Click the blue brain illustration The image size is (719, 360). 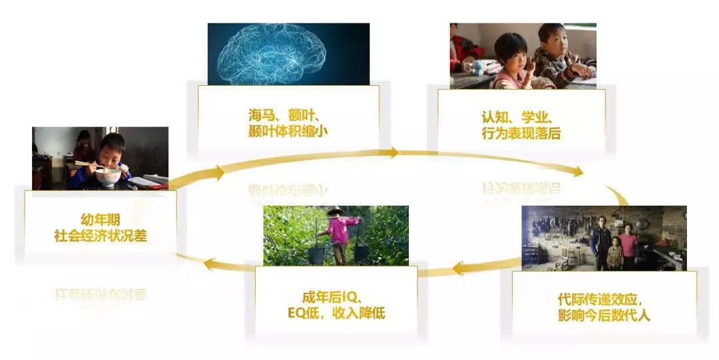(288, 53)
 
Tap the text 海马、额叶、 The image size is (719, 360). (288, 115)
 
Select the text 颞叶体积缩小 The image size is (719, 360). (288, 131)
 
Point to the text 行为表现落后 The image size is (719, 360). (521, 133)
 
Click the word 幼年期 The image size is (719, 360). (100, 218)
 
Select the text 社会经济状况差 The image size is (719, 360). (100, 235)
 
